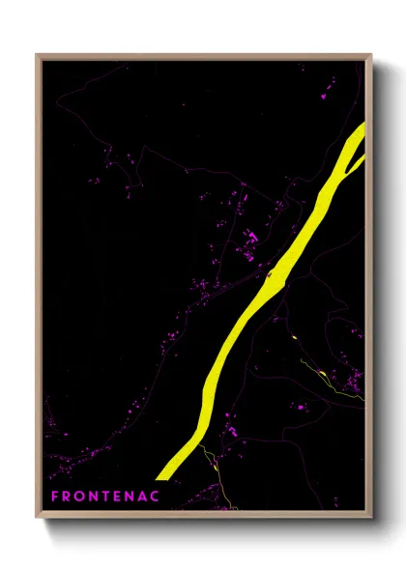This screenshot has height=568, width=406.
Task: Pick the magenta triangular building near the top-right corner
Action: pos(322,97)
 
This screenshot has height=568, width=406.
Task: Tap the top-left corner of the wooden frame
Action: pos(37,55)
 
